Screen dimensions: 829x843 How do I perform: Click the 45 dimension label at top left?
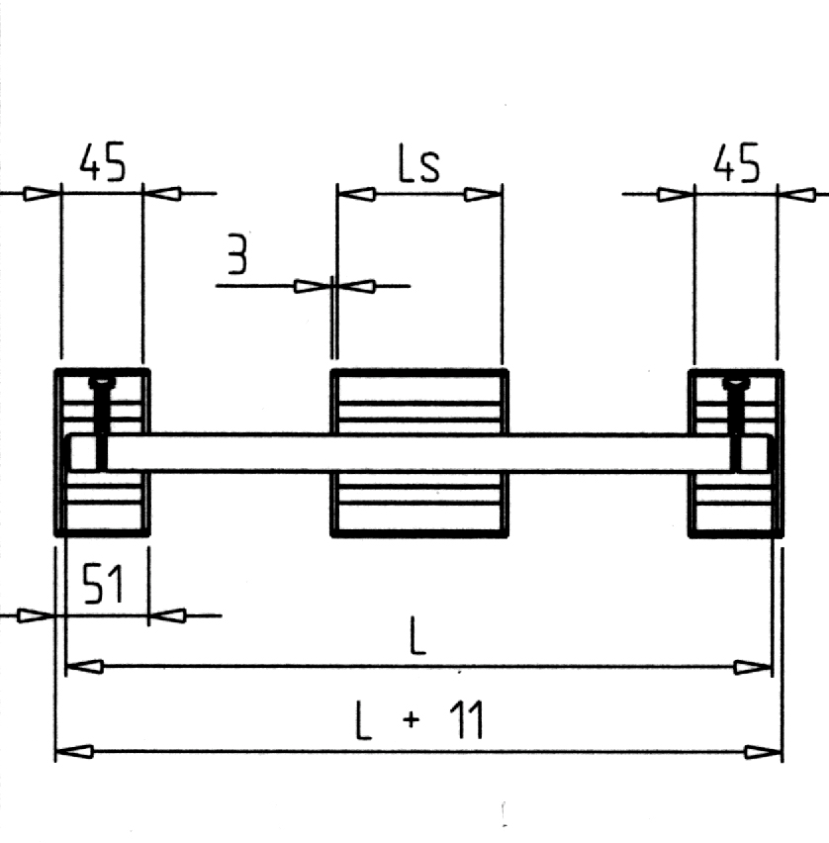(x=103, y=161)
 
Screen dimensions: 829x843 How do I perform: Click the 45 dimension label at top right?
(x=737, y=162)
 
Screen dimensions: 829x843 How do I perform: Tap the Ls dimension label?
(x=418, y=162)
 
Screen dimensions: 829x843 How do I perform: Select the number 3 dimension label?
(x=237, y=253)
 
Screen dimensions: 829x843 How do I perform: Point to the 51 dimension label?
(x=103, y=584)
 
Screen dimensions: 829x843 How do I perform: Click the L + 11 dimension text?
(x=419, y=720)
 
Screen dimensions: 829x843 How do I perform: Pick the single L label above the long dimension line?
(x=417, y=635)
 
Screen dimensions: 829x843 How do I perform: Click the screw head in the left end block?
(x=102, y=382)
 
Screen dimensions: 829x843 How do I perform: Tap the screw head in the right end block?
(x=736, y=382)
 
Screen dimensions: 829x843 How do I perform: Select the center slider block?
(x=419, y=453)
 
